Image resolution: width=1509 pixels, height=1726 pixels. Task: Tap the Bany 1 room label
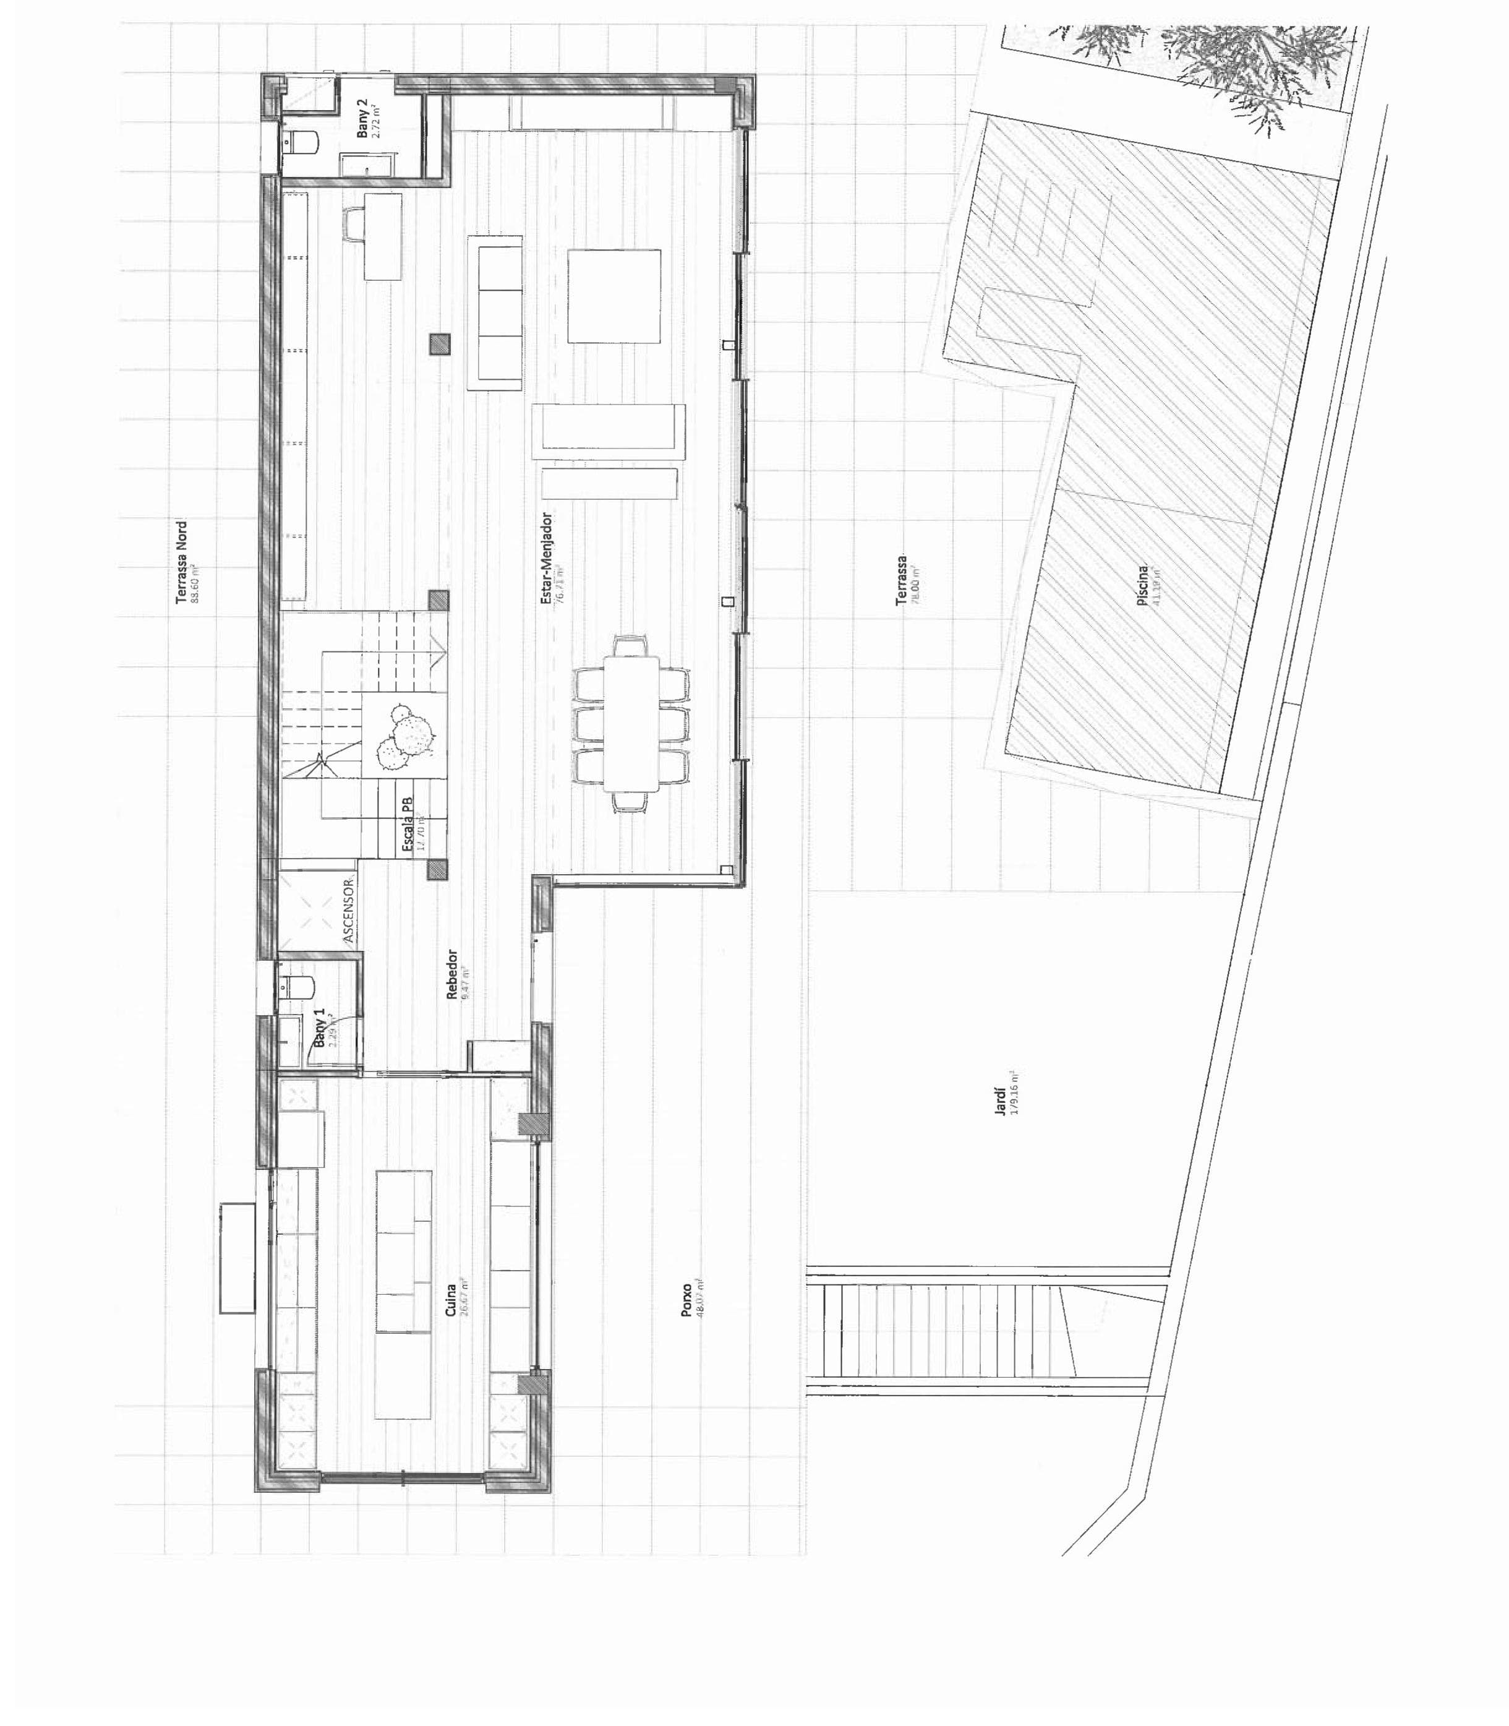pyautogui.click(x=321, y=1029)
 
